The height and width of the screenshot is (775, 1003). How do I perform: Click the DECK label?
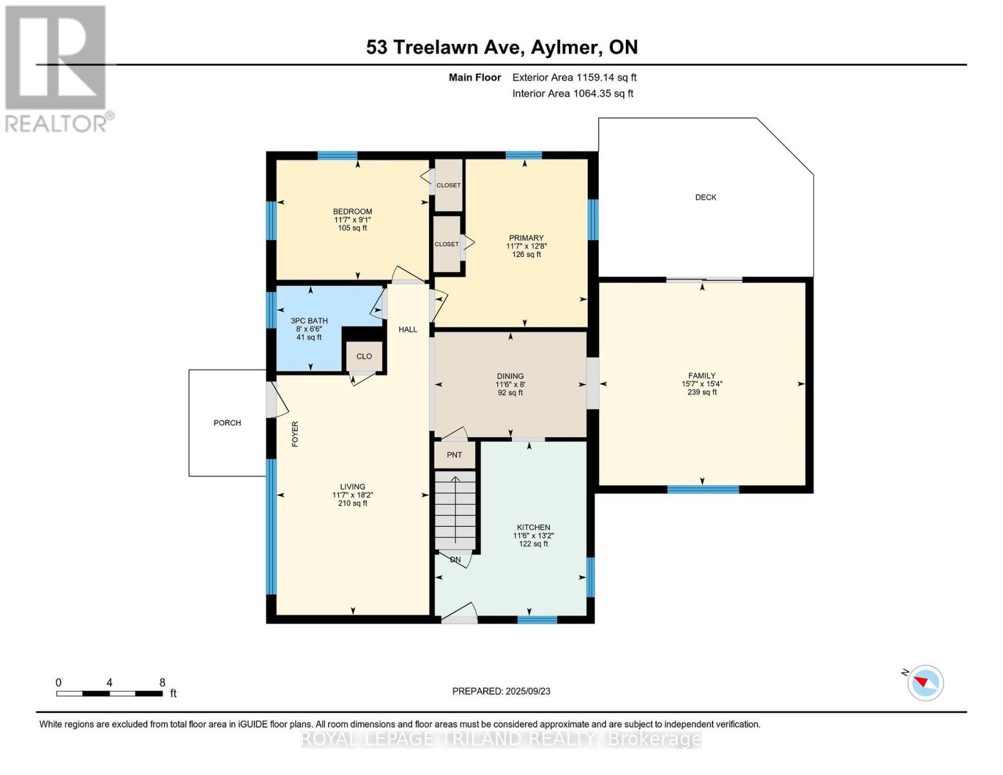[705, 197]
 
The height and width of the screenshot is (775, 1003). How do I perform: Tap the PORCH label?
[227, 423]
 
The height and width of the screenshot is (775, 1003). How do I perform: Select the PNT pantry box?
[454, 455]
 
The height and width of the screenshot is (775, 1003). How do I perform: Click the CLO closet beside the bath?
[364, 356]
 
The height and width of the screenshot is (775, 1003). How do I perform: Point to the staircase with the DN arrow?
[455, 510]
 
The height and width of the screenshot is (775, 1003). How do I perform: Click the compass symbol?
[925, 683]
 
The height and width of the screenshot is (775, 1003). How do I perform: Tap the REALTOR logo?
[56, 69]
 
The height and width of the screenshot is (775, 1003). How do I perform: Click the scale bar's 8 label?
[162, 683]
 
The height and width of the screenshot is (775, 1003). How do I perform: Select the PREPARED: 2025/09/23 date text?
[501, 692]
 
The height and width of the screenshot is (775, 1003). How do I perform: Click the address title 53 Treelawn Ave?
[445, 47]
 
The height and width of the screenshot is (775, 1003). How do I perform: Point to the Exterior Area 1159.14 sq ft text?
[574, 77]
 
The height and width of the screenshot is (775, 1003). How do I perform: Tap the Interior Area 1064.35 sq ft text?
[573, 94]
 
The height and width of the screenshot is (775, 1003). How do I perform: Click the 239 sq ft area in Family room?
[702, 392]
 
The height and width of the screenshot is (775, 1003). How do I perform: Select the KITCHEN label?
[533, 527]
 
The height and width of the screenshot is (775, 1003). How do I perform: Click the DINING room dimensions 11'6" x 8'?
[510, 384]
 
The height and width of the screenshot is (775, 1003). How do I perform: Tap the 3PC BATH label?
[309, 320]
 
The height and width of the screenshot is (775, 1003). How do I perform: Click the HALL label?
[408, 329]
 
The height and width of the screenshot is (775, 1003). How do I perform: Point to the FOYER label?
[295, 434]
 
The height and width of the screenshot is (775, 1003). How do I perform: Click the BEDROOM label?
[353, 211]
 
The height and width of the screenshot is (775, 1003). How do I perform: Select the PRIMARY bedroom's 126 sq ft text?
[526, 254]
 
